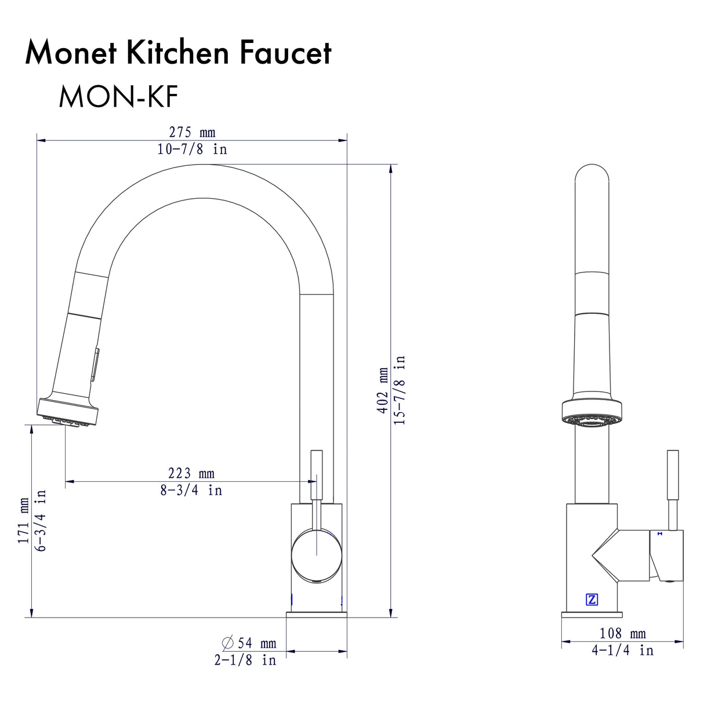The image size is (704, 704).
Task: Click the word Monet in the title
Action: pos(69,53)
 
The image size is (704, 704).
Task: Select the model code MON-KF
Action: pos(118,97)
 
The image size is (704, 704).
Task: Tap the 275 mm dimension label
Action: pos(192,133)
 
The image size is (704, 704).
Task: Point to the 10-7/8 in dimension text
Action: pos(192,149)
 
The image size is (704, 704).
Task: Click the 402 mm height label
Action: pos(383,390)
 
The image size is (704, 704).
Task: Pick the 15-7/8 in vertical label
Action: pos(400,390)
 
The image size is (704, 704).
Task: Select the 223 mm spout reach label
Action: pos(191,474)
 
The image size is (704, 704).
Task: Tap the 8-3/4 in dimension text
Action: pos(191,491)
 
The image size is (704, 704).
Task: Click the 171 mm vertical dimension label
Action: pos(24,520)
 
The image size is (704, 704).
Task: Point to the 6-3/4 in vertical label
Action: pos(41,520)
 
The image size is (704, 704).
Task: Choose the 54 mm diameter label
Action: pos(249,643)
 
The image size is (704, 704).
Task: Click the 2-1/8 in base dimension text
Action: pos(245,661)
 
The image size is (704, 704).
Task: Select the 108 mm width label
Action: pos(622,634)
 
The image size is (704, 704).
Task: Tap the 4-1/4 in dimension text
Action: pos(622,651)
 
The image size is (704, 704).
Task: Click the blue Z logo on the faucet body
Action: pos(592,599)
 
